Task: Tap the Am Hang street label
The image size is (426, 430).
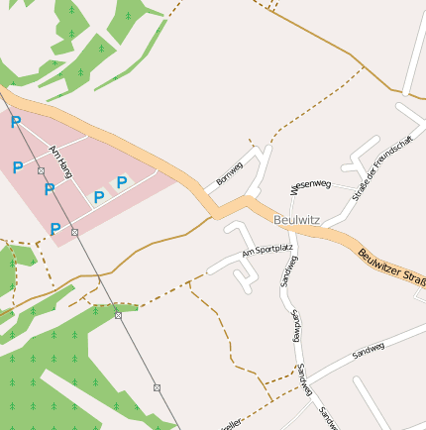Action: (x=60, y=163)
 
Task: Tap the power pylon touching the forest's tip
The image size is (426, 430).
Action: (x=118, y=315)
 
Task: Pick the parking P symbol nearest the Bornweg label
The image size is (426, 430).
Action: (x=122, y=182)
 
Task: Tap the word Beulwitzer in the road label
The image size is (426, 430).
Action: (x=379, y=261)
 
